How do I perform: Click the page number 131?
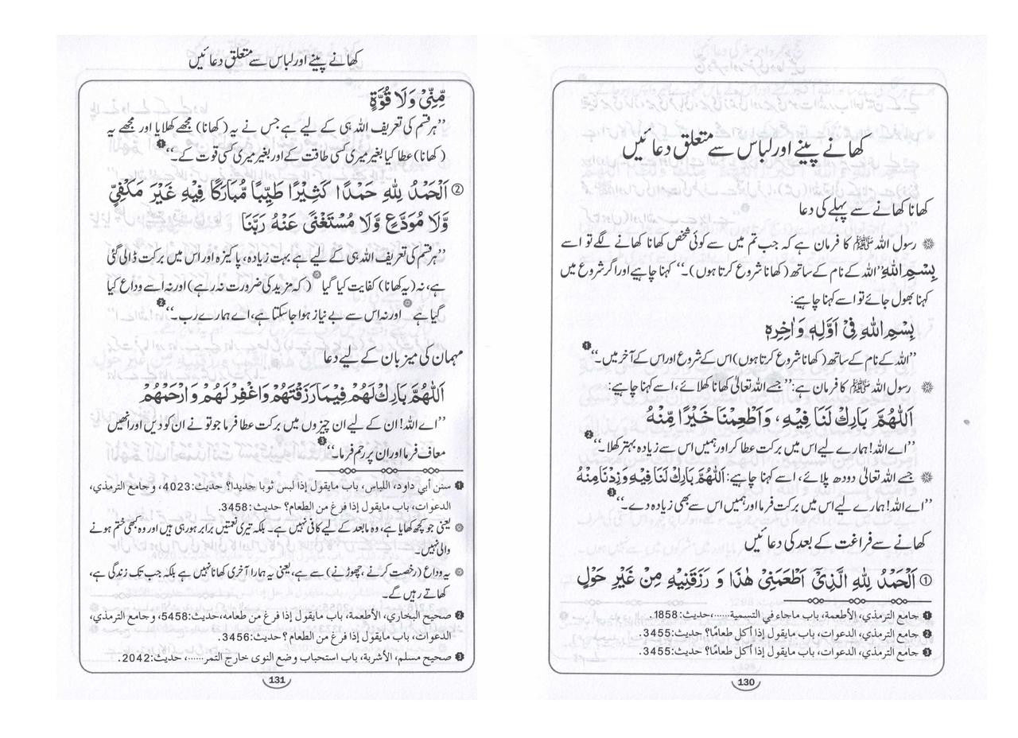click(x=277, y=680)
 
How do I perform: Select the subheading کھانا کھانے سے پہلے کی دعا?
click(x=867, y=209)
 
